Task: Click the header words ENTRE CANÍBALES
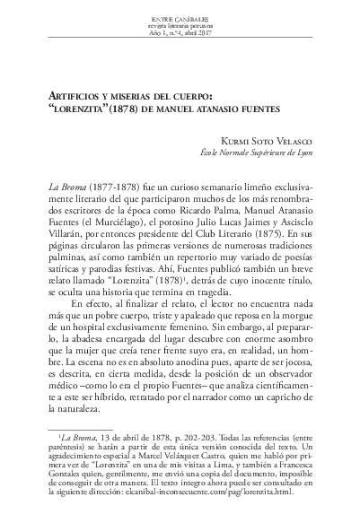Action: tap(180, 16)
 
